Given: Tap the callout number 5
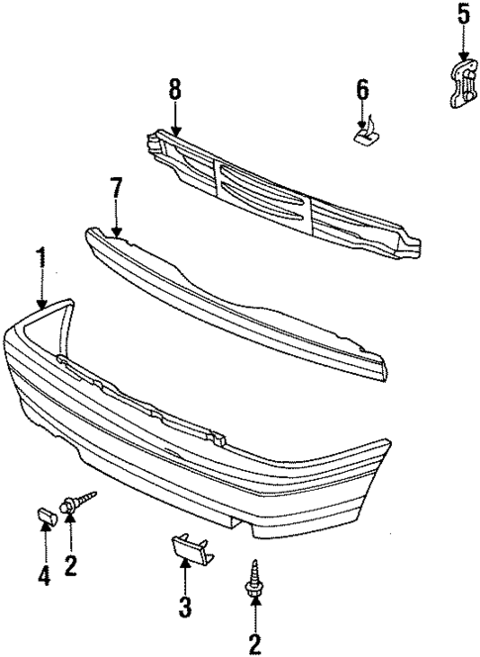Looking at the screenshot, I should pyautogui.click(x=462, y=17).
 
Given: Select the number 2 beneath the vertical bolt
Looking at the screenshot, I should pyautogui.click(x=254, y=645).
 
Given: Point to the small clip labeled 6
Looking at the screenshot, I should pyautogui.click(x=364, y=132).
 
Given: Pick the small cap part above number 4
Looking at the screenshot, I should pyautogui.click(x=46, y=514).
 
